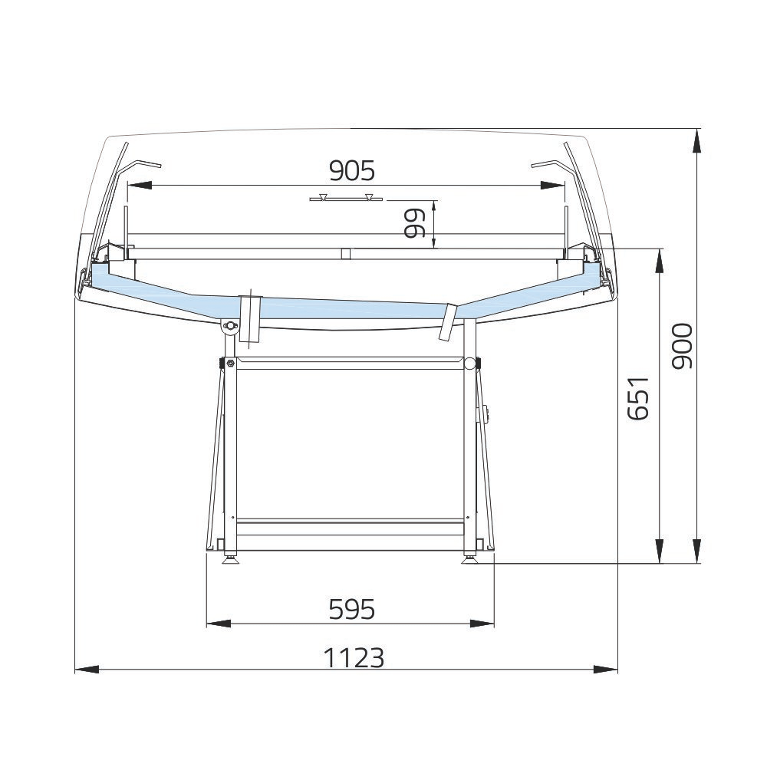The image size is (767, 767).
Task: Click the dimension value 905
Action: [352, 171]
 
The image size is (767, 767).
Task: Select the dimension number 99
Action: [415, 223]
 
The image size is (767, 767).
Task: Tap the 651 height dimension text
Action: [638, 398]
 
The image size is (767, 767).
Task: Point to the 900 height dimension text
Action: [682, 346]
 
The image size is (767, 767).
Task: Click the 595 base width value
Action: [352, 610]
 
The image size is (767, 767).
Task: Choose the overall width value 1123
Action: [354, 657]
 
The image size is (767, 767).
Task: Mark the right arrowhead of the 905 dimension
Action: [552, 186]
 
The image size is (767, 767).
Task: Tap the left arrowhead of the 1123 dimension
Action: [87, 669]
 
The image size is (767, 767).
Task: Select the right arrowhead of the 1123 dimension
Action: [606, 669]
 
